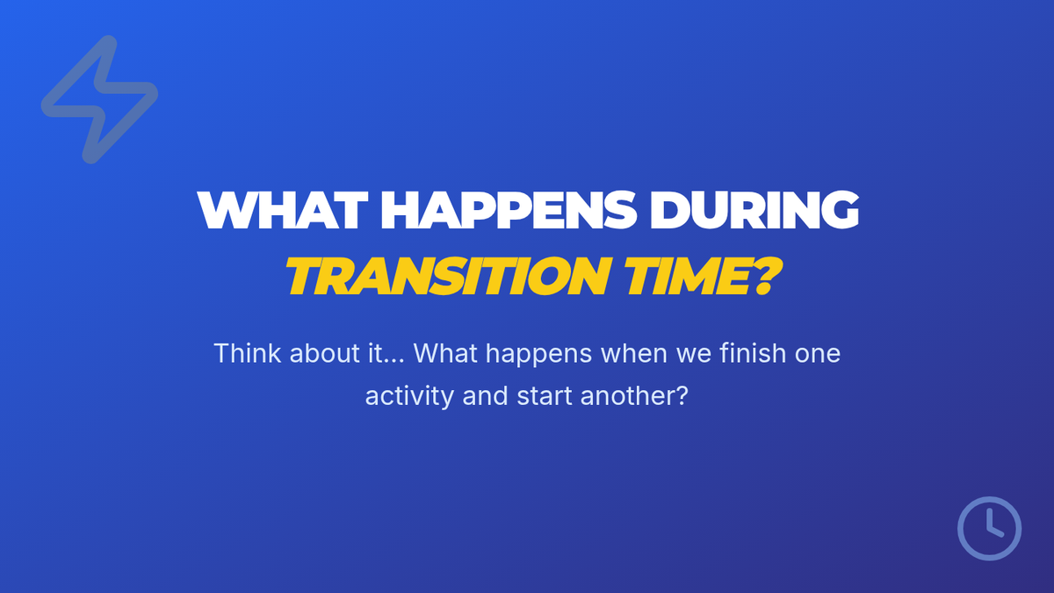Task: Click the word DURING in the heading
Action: (754, 210)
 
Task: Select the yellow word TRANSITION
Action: (449, 276)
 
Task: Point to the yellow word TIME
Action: (688, 276)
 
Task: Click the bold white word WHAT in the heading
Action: (282, 210)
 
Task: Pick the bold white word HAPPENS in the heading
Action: (509, 210)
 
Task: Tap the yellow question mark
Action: (767, 276)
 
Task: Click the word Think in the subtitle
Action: (247, 353)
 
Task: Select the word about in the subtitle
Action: (325, 353)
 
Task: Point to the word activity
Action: (409, 396)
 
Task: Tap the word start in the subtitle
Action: (545, 396)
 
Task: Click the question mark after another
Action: (682, 395)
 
